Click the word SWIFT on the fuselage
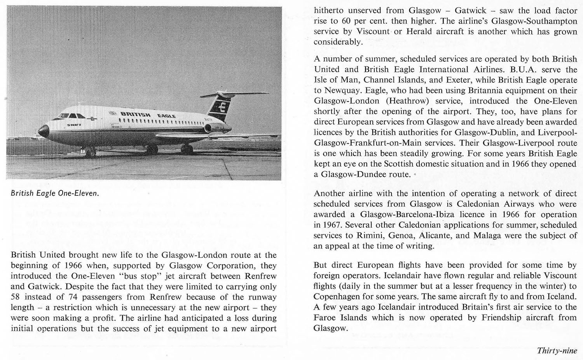(74, 125)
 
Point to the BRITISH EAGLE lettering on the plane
(148, 115)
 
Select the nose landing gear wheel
(90, 153)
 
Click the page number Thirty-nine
(557, 351)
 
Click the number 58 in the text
(16, 297)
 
